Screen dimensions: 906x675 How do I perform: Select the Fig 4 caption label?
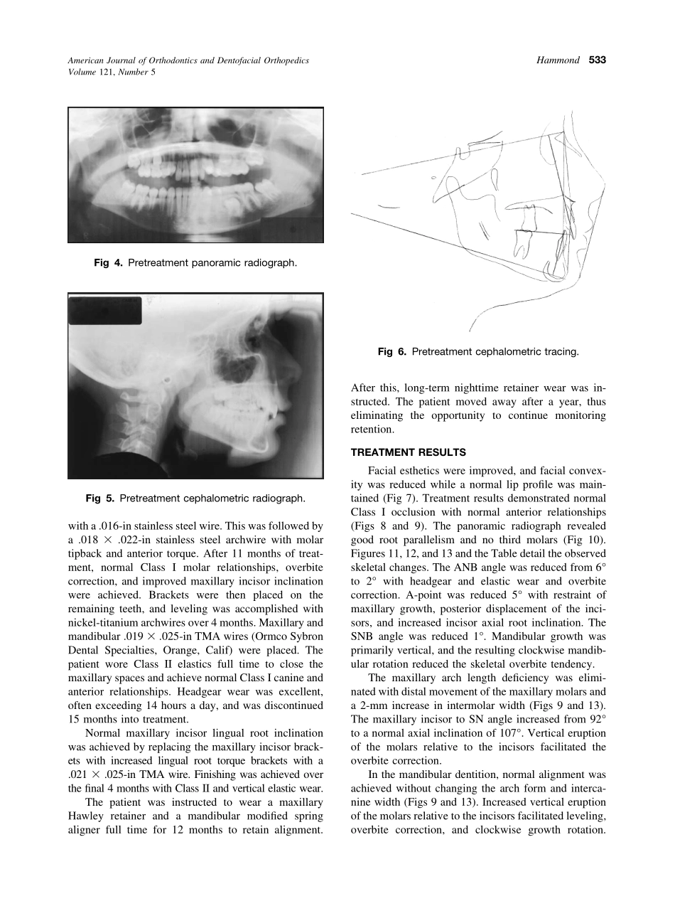coord(107,263)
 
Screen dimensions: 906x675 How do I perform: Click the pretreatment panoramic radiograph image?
coord(195,174)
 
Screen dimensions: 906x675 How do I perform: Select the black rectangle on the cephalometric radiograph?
coord(105,311)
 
